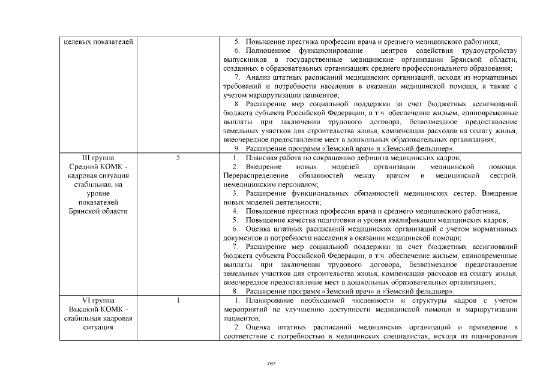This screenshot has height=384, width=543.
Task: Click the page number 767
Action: [271, 364]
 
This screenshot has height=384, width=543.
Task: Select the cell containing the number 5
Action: [178, 157]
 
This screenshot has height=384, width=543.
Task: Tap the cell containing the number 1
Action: [178, 300]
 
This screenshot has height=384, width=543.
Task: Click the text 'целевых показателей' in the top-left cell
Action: [98, 41]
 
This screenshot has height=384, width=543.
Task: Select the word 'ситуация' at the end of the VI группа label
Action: [98, 327]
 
